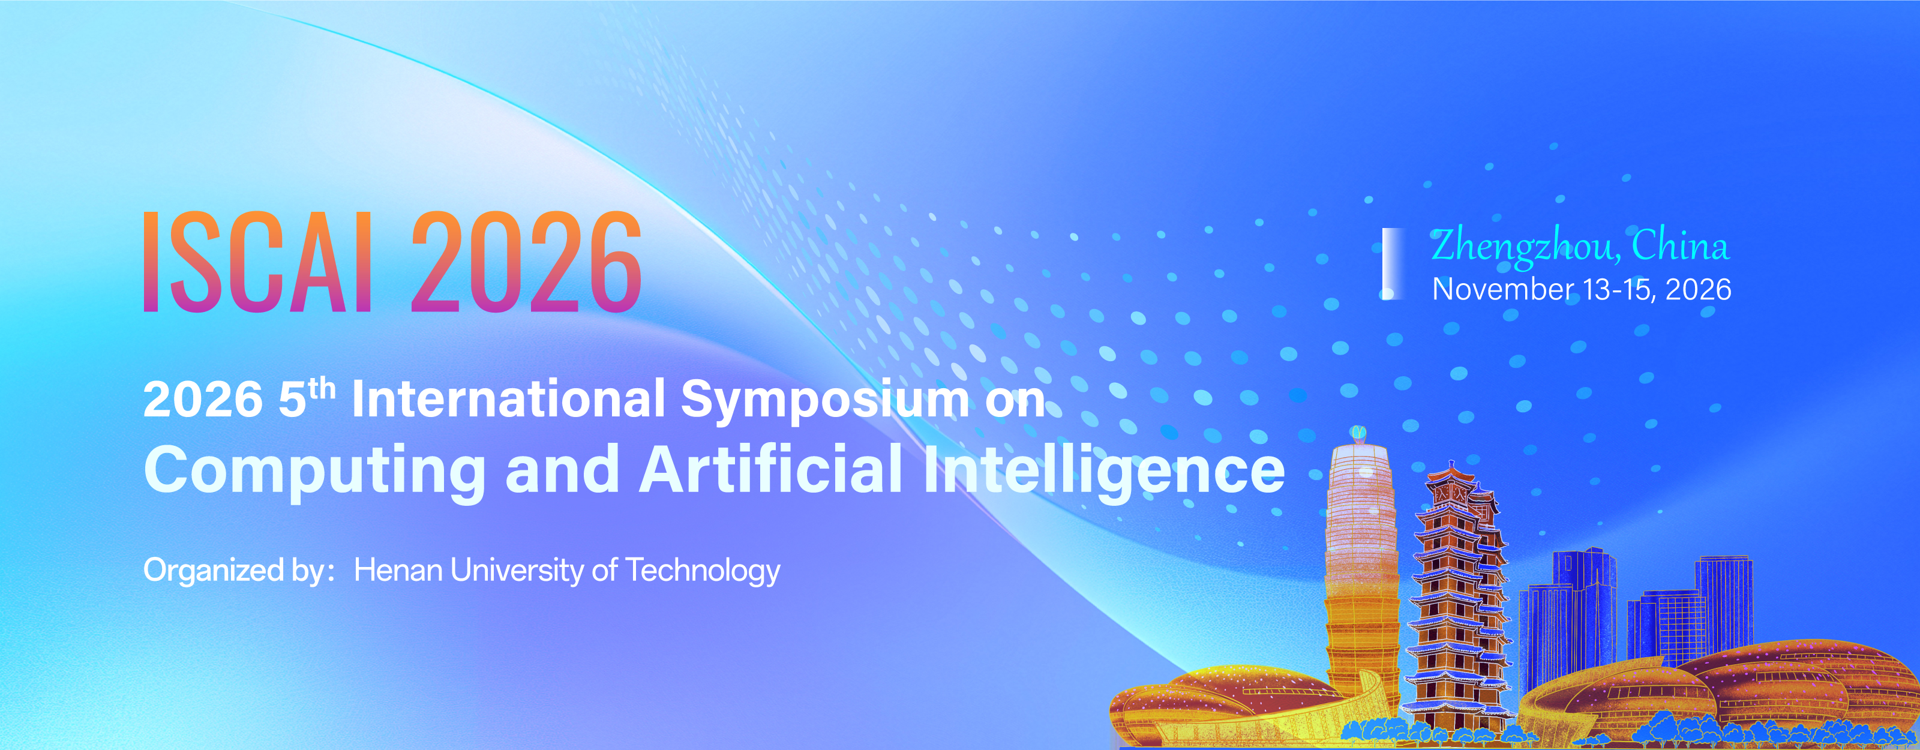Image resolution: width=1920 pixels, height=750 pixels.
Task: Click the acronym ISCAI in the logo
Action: click(x=257, y=261)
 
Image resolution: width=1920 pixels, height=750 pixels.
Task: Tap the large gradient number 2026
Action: click(x=526, y=261)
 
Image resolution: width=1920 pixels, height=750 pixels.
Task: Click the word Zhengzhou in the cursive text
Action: click(x=1523, y=246)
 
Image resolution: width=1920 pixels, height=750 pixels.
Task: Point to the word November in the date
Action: click(x=1502, y=289)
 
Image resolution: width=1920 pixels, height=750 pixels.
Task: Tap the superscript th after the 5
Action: click(x=322, y=388)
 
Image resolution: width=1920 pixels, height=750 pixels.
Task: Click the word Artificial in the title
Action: click(x=770, y=469)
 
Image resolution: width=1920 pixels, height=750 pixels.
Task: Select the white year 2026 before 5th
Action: click(x=203, y=400)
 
